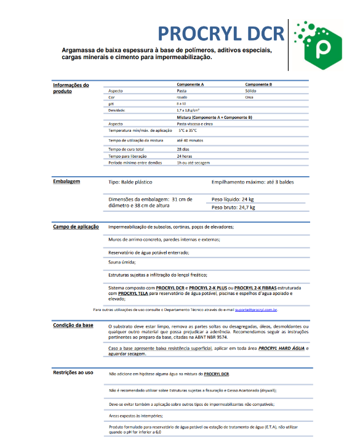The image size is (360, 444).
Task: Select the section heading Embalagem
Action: click(x=66, y=182)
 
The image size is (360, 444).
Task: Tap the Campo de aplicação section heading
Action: click(x=76, y=227)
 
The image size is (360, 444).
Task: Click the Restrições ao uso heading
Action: click(x=73, y=372)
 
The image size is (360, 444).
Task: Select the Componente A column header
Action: click(x=190, y=84)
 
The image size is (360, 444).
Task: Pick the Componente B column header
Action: click(x=258, y=84)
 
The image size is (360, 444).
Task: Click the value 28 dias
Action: click(x=183, y=149)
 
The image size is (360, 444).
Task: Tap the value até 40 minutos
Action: click(x=190, y=141)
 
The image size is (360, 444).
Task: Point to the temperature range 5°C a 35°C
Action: click(x=188, y=131)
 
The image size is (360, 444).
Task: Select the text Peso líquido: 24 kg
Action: click(x=233, y=200)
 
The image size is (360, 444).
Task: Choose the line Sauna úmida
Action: click(x=122, y=262)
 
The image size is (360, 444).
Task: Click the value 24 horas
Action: click(x=184, y=156)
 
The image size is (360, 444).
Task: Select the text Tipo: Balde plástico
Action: click(x=130, y=182)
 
